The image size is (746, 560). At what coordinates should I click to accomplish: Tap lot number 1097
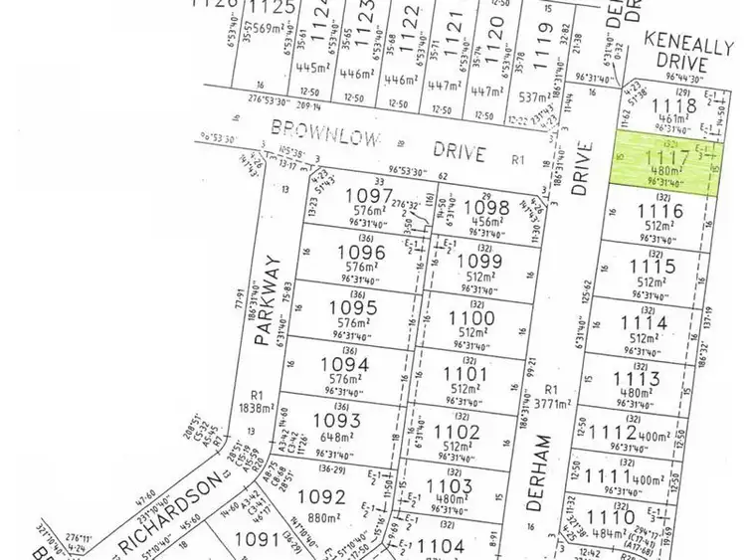[x=369, y=196]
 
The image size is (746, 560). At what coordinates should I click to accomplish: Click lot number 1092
[x=321, y=496]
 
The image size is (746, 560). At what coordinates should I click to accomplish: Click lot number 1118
[x=673, y=104]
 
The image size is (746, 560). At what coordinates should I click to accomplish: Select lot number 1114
[x=642, y=323]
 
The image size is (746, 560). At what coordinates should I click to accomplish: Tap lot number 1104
[x=441, y=545]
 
